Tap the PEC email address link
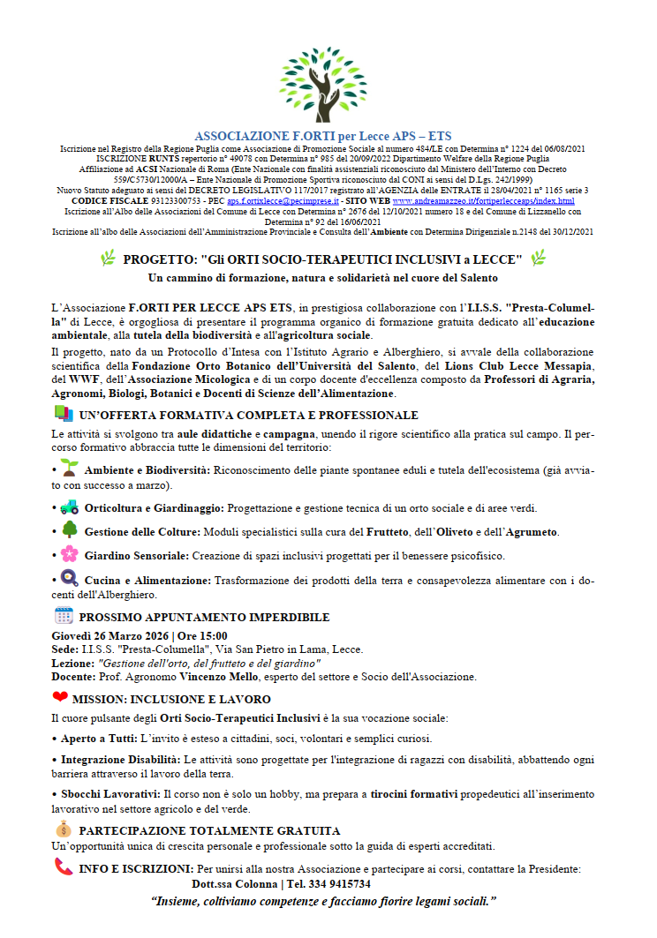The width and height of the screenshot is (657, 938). point(287,200)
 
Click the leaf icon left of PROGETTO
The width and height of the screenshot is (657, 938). point(108,259)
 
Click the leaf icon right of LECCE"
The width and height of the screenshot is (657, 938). point(537,259)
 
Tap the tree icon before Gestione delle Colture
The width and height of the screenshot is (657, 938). point(70,530)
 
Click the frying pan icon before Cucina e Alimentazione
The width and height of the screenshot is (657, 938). point(70,579)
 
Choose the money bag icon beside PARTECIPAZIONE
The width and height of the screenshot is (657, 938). point(63,829)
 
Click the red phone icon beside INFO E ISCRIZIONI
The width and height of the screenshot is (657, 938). point(64,867)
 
